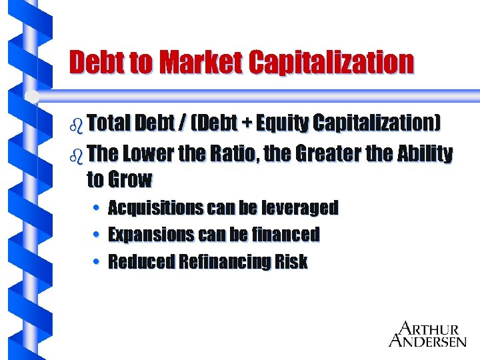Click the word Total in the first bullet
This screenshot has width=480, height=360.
109,123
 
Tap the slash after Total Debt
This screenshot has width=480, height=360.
181,124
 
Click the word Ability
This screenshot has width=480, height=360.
424,154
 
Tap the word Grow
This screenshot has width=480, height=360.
130,179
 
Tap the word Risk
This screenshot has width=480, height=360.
291,261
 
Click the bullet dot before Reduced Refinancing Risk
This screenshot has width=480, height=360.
97,261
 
